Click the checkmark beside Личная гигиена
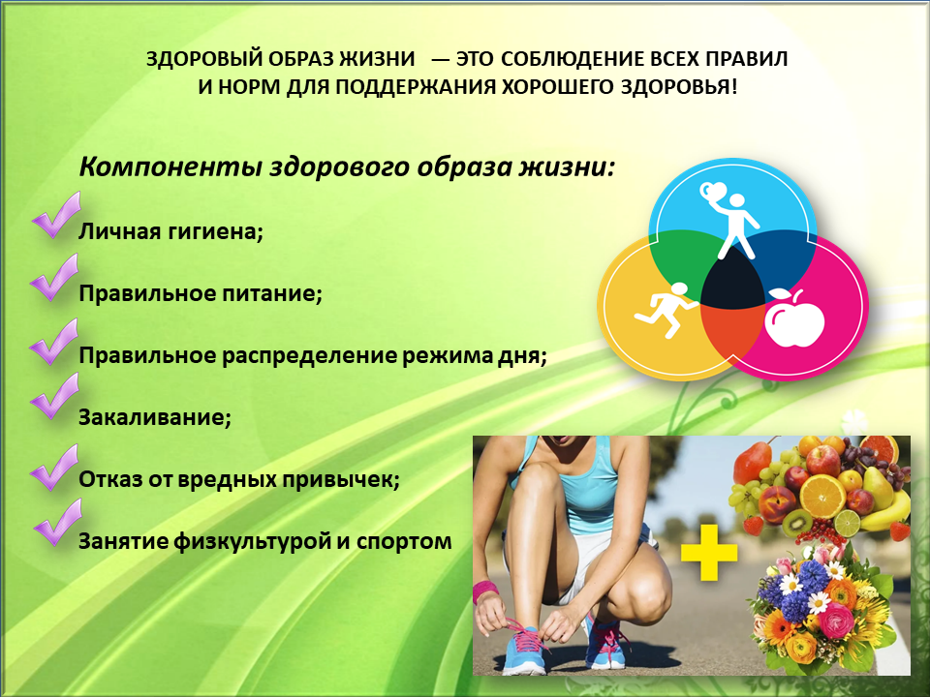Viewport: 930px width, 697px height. (56, 215)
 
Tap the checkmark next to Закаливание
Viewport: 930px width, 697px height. (54, 396)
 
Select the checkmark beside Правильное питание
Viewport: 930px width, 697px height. (54, 278)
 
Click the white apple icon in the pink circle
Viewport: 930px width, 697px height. (793, 318)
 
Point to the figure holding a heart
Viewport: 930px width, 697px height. (729, 220)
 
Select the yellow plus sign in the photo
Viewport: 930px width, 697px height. (709, 553)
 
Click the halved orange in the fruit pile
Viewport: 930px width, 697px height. (822, 496)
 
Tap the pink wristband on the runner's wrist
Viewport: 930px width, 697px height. (484, 591)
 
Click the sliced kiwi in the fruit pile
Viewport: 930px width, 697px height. (796, 522)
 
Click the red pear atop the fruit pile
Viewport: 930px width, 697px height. (752, 461)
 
